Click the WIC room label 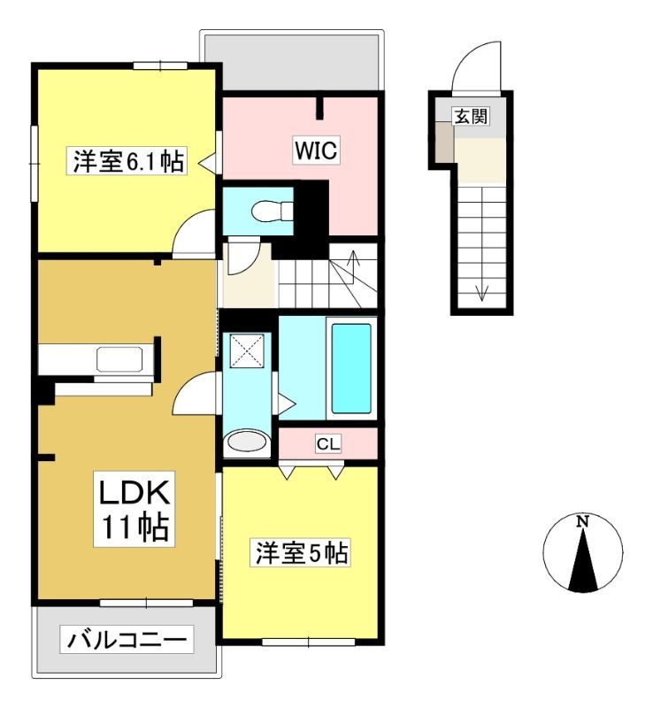pyautogui.click(x=316, y=150)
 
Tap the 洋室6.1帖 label pyautogui.click(x=128, y=161)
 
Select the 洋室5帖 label pyautogui.click(x=302, y=552)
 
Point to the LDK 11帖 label pyautogui.click(x=134, y=509)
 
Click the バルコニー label pyautogui.click(x=127, y=639)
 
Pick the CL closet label pyautogui.click(x=328, y=443)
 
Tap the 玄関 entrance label pyautogui.click(x=471, y=117)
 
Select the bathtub pyautogui.click(x=351, y=368)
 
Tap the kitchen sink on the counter pyautogui.click(x=119, y=359)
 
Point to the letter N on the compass pyautogui.click(x=583, y=521)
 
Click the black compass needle pyautogui.click(x=583, y=561)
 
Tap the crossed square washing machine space pyautogui.click(x=247, y=350)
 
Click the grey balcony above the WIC pyautogui.click(x=292, y=62)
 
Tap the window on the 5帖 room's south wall pyautogui.click(x=309, y=642)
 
